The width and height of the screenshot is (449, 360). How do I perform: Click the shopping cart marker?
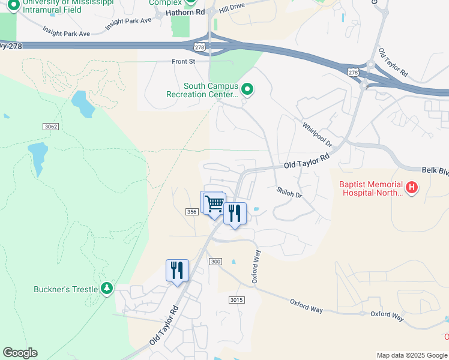pyautogui.click(x=214, y=203)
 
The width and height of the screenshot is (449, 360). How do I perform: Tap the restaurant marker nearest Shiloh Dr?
pyautogui.click(x=235, y=214)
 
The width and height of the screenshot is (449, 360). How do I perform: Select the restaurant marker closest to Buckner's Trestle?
pyautogui.click(x=177, y=270)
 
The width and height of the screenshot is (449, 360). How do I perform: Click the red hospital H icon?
pyautogui.click(x=411, y=188)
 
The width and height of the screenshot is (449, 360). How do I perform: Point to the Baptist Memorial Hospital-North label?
pyautogui.click(x=371, y=189)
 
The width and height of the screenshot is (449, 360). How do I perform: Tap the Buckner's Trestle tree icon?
pyautogui.click(x=107, y=289)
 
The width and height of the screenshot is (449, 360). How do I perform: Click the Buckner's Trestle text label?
pyautogui.click(x=65, y=289)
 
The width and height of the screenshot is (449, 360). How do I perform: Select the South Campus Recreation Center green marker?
pyautogui.click(x=247, y=90)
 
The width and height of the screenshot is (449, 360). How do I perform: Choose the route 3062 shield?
pyautogui.click(x=51, y=126)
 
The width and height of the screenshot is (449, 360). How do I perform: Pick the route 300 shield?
pyautogui.click(x=215, y=262)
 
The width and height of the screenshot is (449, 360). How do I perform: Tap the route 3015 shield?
pyautogui.click(x=237, y=299)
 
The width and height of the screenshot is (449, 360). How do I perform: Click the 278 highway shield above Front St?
pyautogui.click(x=199, y=47)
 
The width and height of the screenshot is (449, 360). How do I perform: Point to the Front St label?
pyautogui.click(x=184, y=61)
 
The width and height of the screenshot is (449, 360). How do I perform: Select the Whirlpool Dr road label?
pyautogui.click(x=317, y=135)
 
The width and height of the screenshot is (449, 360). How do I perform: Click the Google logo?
pyautogui.click(x=20, y=353)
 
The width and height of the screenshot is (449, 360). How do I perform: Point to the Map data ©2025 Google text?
pyautogui.click(x=412, y=355)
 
